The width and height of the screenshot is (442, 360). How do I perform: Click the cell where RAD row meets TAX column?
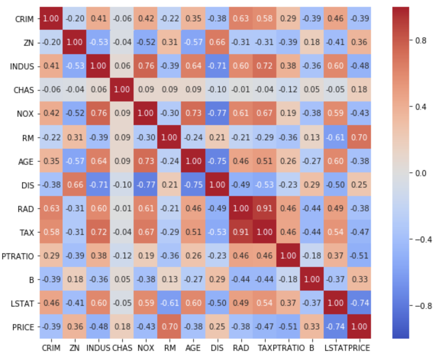pos(265,208)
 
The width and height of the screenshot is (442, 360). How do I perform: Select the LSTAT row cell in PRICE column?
pos(359,303)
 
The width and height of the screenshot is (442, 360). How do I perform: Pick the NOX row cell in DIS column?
pos(217,114)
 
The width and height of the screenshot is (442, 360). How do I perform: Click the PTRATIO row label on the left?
pos(18,256)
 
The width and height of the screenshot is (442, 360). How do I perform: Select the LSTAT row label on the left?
pos(22,303)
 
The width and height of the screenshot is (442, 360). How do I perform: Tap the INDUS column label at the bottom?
pos(98,348)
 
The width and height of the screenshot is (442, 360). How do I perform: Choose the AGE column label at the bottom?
pos(194,348)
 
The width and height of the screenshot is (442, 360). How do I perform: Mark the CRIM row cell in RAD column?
pos(241,19)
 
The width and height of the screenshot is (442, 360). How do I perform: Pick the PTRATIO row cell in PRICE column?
pos(359,256)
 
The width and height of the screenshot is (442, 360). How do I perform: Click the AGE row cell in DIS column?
pos(217,161)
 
